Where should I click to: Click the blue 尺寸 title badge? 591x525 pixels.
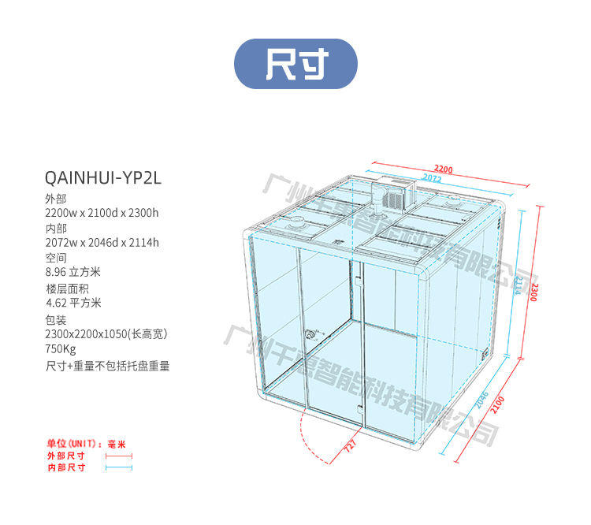click(295, 64)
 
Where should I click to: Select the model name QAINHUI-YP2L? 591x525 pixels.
click(104, 178)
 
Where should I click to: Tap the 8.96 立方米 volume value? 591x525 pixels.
click(73, 272)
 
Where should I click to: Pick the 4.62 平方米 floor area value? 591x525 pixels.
click(73, 302)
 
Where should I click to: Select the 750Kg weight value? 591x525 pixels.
click(61, 349)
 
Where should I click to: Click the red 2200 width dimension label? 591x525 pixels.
click(444, 169)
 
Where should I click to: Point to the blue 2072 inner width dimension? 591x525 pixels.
click(430, 179)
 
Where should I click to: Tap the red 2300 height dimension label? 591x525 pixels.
click(535, 292)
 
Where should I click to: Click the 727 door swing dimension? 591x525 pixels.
click(351, 445)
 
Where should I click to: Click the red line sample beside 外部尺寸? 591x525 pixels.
click(118, 456)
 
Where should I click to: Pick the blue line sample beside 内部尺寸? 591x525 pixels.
click(118, 467)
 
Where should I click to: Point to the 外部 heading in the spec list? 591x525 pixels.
click(56, 199)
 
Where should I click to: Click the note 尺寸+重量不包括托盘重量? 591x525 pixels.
click(108, 366)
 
